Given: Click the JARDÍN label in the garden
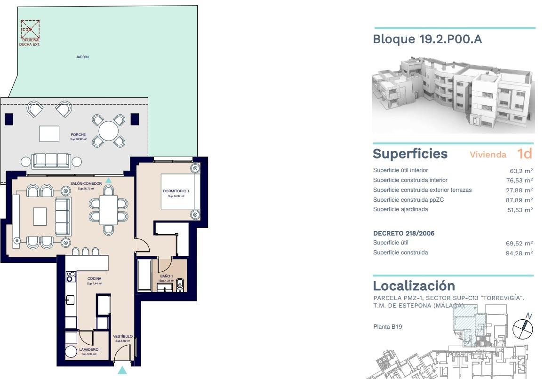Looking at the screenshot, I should click(x=82, y=57).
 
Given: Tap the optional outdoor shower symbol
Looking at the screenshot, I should click(x=30, y=29).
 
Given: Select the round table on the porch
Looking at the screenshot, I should click(x=108, y=131).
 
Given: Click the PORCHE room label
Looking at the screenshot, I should click(x=78, y=135).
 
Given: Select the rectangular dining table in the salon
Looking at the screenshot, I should click(x=109, y=210).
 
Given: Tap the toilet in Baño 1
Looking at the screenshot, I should click(x=180, y=285).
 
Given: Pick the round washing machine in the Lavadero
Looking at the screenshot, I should click(x=71, y=352).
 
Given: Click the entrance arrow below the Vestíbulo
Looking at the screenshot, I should click(x=122, y=370).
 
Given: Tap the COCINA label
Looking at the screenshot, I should click(x=94, y=278).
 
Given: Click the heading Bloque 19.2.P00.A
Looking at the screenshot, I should click(x=427, y=39).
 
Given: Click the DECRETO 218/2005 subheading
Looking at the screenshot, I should click(x=404, y=233).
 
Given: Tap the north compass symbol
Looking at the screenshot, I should click(x=521, y=328).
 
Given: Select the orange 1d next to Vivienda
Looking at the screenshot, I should click(x=524, y=154).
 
